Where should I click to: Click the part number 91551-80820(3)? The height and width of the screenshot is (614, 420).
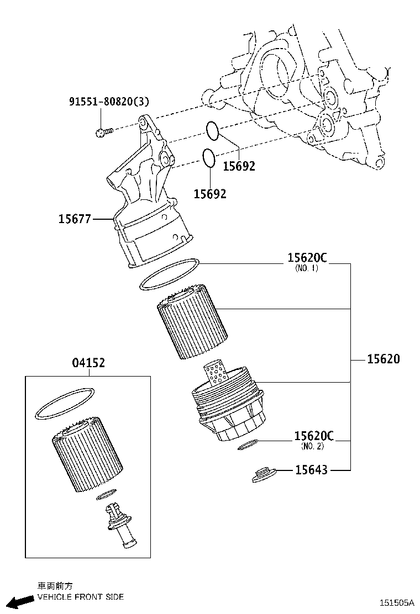[x=109, y=102]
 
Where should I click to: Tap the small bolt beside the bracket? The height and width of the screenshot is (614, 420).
[x=104, y=132]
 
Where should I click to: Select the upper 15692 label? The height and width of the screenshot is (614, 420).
[x=239, y=166]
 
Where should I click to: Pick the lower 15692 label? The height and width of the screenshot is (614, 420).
[x=210, y=194]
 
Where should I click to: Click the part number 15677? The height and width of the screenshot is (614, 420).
[x=75, y=219]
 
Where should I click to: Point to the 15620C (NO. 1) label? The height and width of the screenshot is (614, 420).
[x=307, y=262]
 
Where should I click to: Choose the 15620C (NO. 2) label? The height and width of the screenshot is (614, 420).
[x=314, y=440]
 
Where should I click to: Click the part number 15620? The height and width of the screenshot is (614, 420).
[x=384, y=359]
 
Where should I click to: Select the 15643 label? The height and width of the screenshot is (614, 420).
[x=311, y=469]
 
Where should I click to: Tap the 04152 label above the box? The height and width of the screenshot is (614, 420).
[x=88, y=363]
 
